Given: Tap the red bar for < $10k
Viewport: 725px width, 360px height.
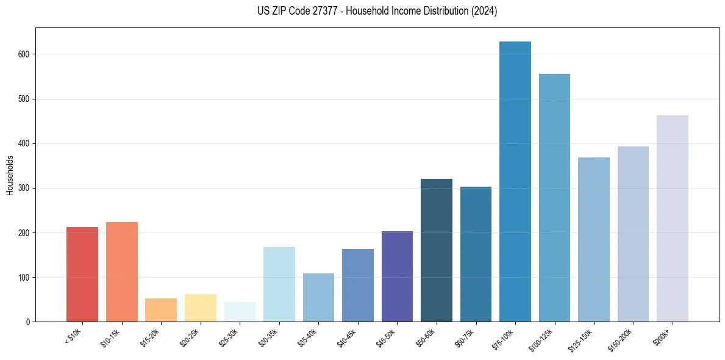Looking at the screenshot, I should pyautogui.click(x=82, y=275).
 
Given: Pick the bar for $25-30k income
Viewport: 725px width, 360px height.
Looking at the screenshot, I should pyautogui.click(x=240, y=312).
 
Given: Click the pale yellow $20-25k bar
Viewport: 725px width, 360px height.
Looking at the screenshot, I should pyautogui.click(x=200, y=308).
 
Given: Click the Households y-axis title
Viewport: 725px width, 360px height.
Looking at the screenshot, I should pyautogui.click(x=10, y=175).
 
